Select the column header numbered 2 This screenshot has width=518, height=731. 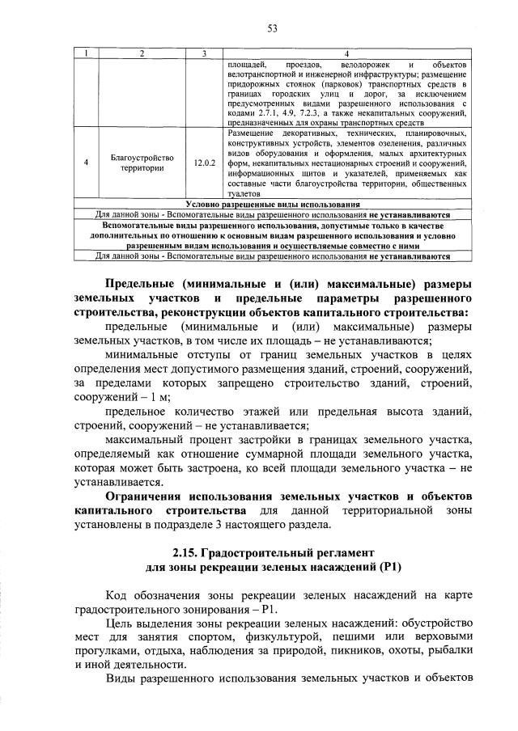click(142, 54)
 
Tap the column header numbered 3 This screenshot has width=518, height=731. click(205, 54)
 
